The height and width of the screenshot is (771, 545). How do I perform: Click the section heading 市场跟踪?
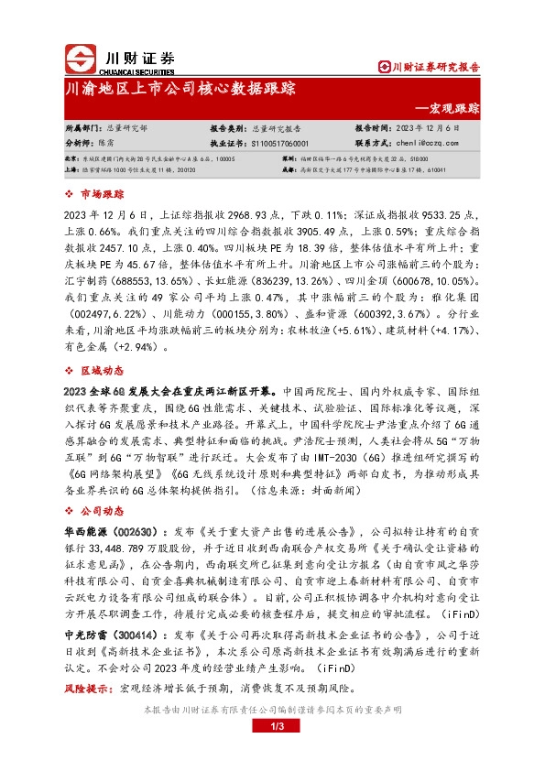tap(103, 194)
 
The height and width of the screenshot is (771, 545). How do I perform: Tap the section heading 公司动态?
tap(103, 505)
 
